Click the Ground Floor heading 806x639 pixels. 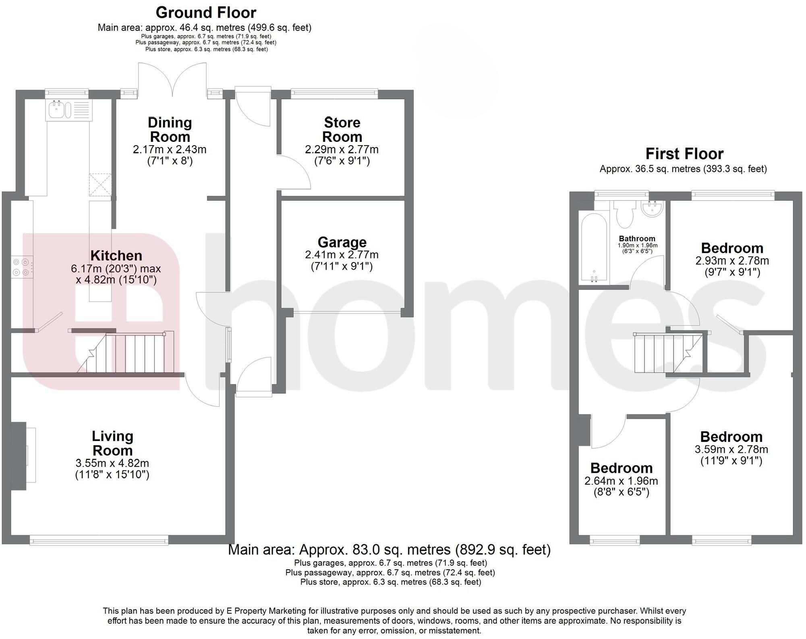point(205,12)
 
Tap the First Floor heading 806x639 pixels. point(684,154)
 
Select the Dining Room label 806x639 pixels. point(170,129)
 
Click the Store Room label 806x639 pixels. point(342,129)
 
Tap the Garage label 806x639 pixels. point(342,242)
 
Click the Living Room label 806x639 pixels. point(112,443)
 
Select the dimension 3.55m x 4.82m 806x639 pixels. point(112,463)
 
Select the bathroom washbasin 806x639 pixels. point(652,209)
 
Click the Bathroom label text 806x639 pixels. point(637,239)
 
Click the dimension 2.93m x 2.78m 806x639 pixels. point(732,261)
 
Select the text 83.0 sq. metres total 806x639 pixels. point(389,550)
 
